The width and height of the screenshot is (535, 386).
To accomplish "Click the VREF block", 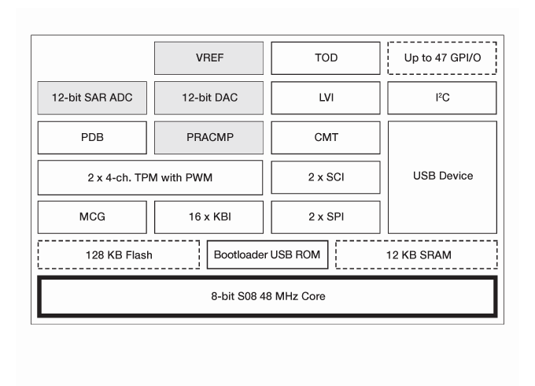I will click(x=209, y=58).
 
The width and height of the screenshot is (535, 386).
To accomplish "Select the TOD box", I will click(x=326, y=58).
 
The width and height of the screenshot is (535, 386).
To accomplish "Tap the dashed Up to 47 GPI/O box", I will click(x=442, y=58).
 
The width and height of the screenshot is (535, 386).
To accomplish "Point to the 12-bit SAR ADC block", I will click(x=92, y=98).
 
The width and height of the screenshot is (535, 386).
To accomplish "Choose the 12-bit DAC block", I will click(x=209, y=98).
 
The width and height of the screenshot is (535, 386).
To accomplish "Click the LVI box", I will click(x=326, y=98).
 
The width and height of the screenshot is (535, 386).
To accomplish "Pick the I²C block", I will click(x=442, y=98).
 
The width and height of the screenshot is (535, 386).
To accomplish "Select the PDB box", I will click(x=92, y=137).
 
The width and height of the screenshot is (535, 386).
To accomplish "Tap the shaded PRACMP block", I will click(x=209, y=137).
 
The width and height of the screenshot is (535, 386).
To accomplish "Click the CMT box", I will click(x=326, y=137).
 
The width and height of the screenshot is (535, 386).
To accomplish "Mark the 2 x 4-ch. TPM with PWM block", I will click(x=150, y=176).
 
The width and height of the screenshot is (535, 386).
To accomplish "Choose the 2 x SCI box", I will click(x=326, y=176).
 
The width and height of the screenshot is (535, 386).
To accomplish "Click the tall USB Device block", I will click(x=442, y=176).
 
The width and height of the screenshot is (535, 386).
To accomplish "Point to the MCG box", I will click(x=92, y=217).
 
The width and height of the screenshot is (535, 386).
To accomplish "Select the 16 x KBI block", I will click(x=209, y=217).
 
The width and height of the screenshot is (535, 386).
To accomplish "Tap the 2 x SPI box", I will click(x=326, y=217).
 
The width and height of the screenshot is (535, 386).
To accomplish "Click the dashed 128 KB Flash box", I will click(x=119, y=255).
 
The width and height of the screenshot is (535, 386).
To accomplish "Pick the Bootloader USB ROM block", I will click(x=267, y=255).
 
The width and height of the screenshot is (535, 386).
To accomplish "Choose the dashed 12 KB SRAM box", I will click(x=416, y=255).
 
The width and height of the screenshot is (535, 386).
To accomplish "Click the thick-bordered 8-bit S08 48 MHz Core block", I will click(x=267, y=296).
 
